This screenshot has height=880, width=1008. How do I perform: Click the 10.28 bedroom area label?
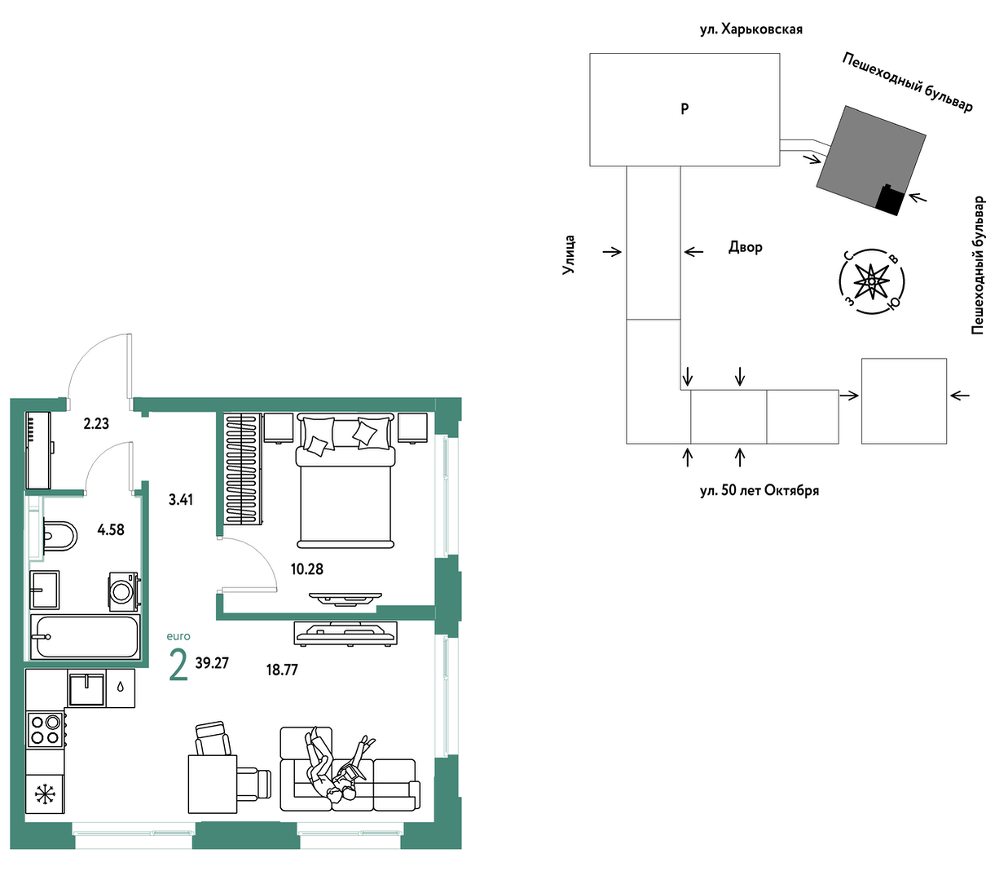tap(306, 569)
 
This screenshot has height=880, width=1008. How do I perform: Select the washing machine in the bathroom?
tap(124, 591)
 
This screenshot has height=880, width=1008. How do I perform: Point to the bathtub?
tap(85, 636)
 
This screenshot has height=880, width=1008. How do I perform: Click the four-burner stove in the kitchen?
tap(46, 731)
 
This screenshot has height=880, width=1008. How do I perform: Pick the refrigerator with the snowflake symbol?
tap(44, 794)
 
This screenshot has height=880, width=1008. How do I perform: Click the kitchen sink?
tap(86, 688)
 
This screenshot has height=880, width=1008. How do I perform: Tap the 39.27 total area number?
tap(212, 663)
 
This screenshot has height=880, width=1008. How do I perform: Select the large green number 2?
tap(178, 665)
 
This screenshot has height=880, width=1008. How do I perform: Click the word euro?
tap(178, 636)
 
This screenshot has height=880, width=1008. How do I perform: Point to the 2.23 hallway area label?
tap(96, 423)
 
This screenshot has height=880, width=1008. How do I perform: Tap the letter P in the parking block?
tap(684, 109)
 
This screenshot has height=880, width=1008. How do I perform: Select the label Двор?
tap(746, 247)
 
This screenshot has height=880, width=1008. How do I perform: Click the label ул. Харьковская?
tap(751, 30)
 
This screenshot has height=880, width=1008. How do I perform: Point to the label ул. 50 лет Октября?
tap(759, 491)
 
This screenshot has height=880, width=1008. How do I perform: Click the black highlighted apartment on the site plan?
tap(891, 200)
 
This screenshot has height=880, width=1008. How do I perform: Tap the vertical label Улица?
tap(569, 254)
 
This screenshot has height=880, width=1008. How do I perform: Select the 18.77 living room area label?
tap(282, 670)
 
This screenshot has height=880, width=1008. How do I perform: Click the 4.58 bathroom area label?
tap(111, 530)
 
